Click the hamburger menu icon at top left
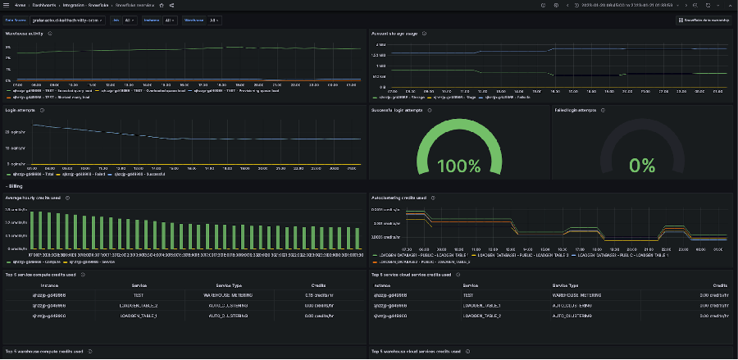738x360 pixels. pos(7,5)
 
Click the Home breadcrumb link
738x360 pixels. pos(20,5)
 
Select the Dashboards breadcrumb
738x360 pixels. pos(43,5)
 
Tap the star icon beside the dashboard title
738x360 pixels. pos(161,5)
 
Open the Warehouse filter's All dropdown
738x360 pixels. pos(213,20)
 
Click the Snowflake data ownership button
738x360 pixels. pos(702,20)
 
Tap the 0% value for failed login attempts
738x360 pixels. pos(641,166)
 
